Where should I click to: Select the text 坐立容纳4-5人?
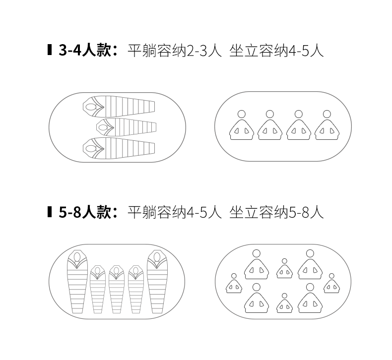(x=276, y=51)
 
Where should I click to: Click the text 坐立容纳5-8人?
(x=276, y=212)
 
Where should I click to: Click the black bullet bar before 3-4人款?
(x=50, y=51)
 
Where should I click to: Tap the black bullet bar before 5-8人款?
(x=50, y=212)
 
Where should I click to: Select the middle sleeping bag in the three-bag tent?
(x=126, y=127)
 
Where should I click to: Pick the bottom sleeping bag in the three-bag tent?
(x=118, y=147)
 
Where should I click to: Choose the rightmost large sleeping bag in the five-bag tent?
(x=156, y=283)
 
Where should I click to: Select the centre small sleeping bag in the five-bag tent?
(x=116, y=290)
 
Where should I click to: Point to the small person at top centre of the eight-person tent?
(x=284, y=268)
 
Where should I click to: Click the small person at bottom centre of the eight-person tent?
(x=284, y=303)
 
